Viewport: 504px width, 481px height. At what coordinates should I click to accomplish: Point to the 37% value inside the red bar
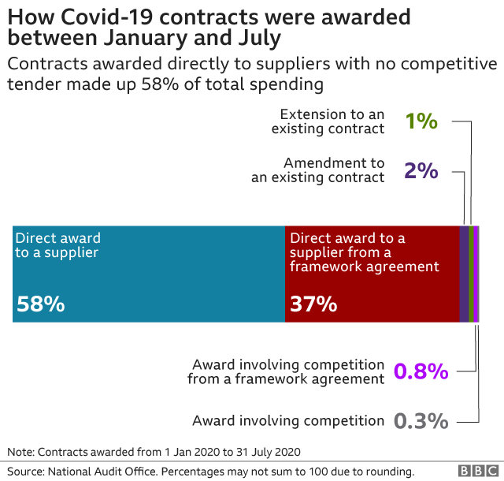(313, 304)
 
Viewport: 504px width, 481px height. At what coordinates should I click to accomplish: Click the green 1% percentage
(421, 121)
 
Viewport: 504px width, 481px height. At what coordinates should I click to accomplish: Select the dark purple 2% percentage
(421, 170)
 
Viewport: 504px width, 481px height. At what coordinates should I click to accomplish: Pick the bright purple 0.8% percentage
(421, 371)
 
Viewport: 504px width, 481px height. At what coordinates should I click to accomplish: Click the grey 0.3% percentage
(421, 420)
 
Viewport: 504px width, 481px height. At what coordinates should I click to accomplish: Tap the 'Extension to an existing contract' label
(328, 121)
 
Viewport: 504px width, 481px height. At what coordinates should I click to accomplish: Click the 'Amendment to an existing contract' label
(318, 170)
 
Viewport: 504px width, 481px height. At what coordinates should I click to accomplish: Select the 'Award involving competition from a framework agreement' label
(287, 371)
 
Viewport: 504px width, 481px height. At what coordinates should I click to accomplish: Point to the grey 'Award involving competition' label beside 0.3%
(288, 420)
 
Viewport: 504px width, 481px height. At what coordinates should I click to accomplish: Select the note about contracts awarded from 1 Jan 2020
(154, 452)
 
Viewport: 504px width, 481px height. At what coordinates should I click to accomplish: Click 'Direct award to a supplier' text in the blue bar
(58, 245)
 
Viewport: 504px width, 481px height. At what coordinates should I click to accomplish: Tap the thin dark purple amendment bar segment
(464, 274)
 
